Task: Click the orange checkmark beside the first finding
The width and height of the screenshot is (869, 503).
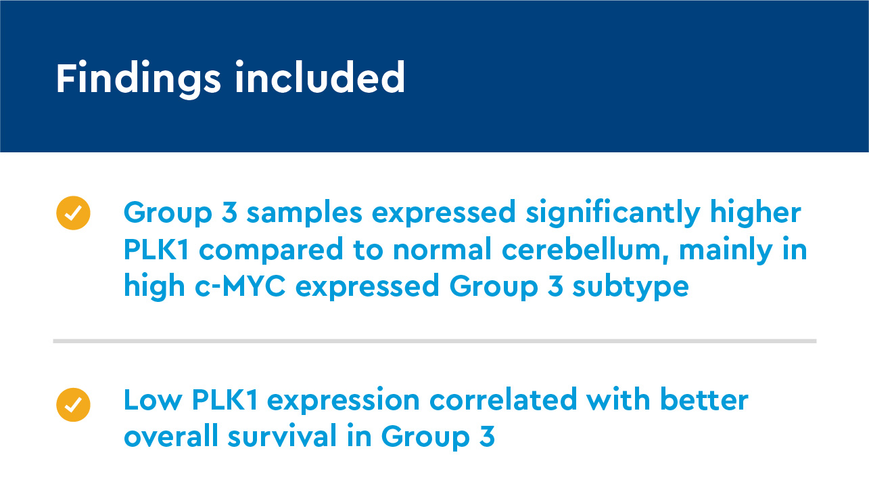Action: tap(73, 213)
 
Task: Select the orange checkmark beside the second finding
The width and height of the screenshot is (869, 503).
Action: tap(73, 405)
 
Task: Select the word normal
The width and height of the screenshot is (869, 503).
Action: tap(443, 250)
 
